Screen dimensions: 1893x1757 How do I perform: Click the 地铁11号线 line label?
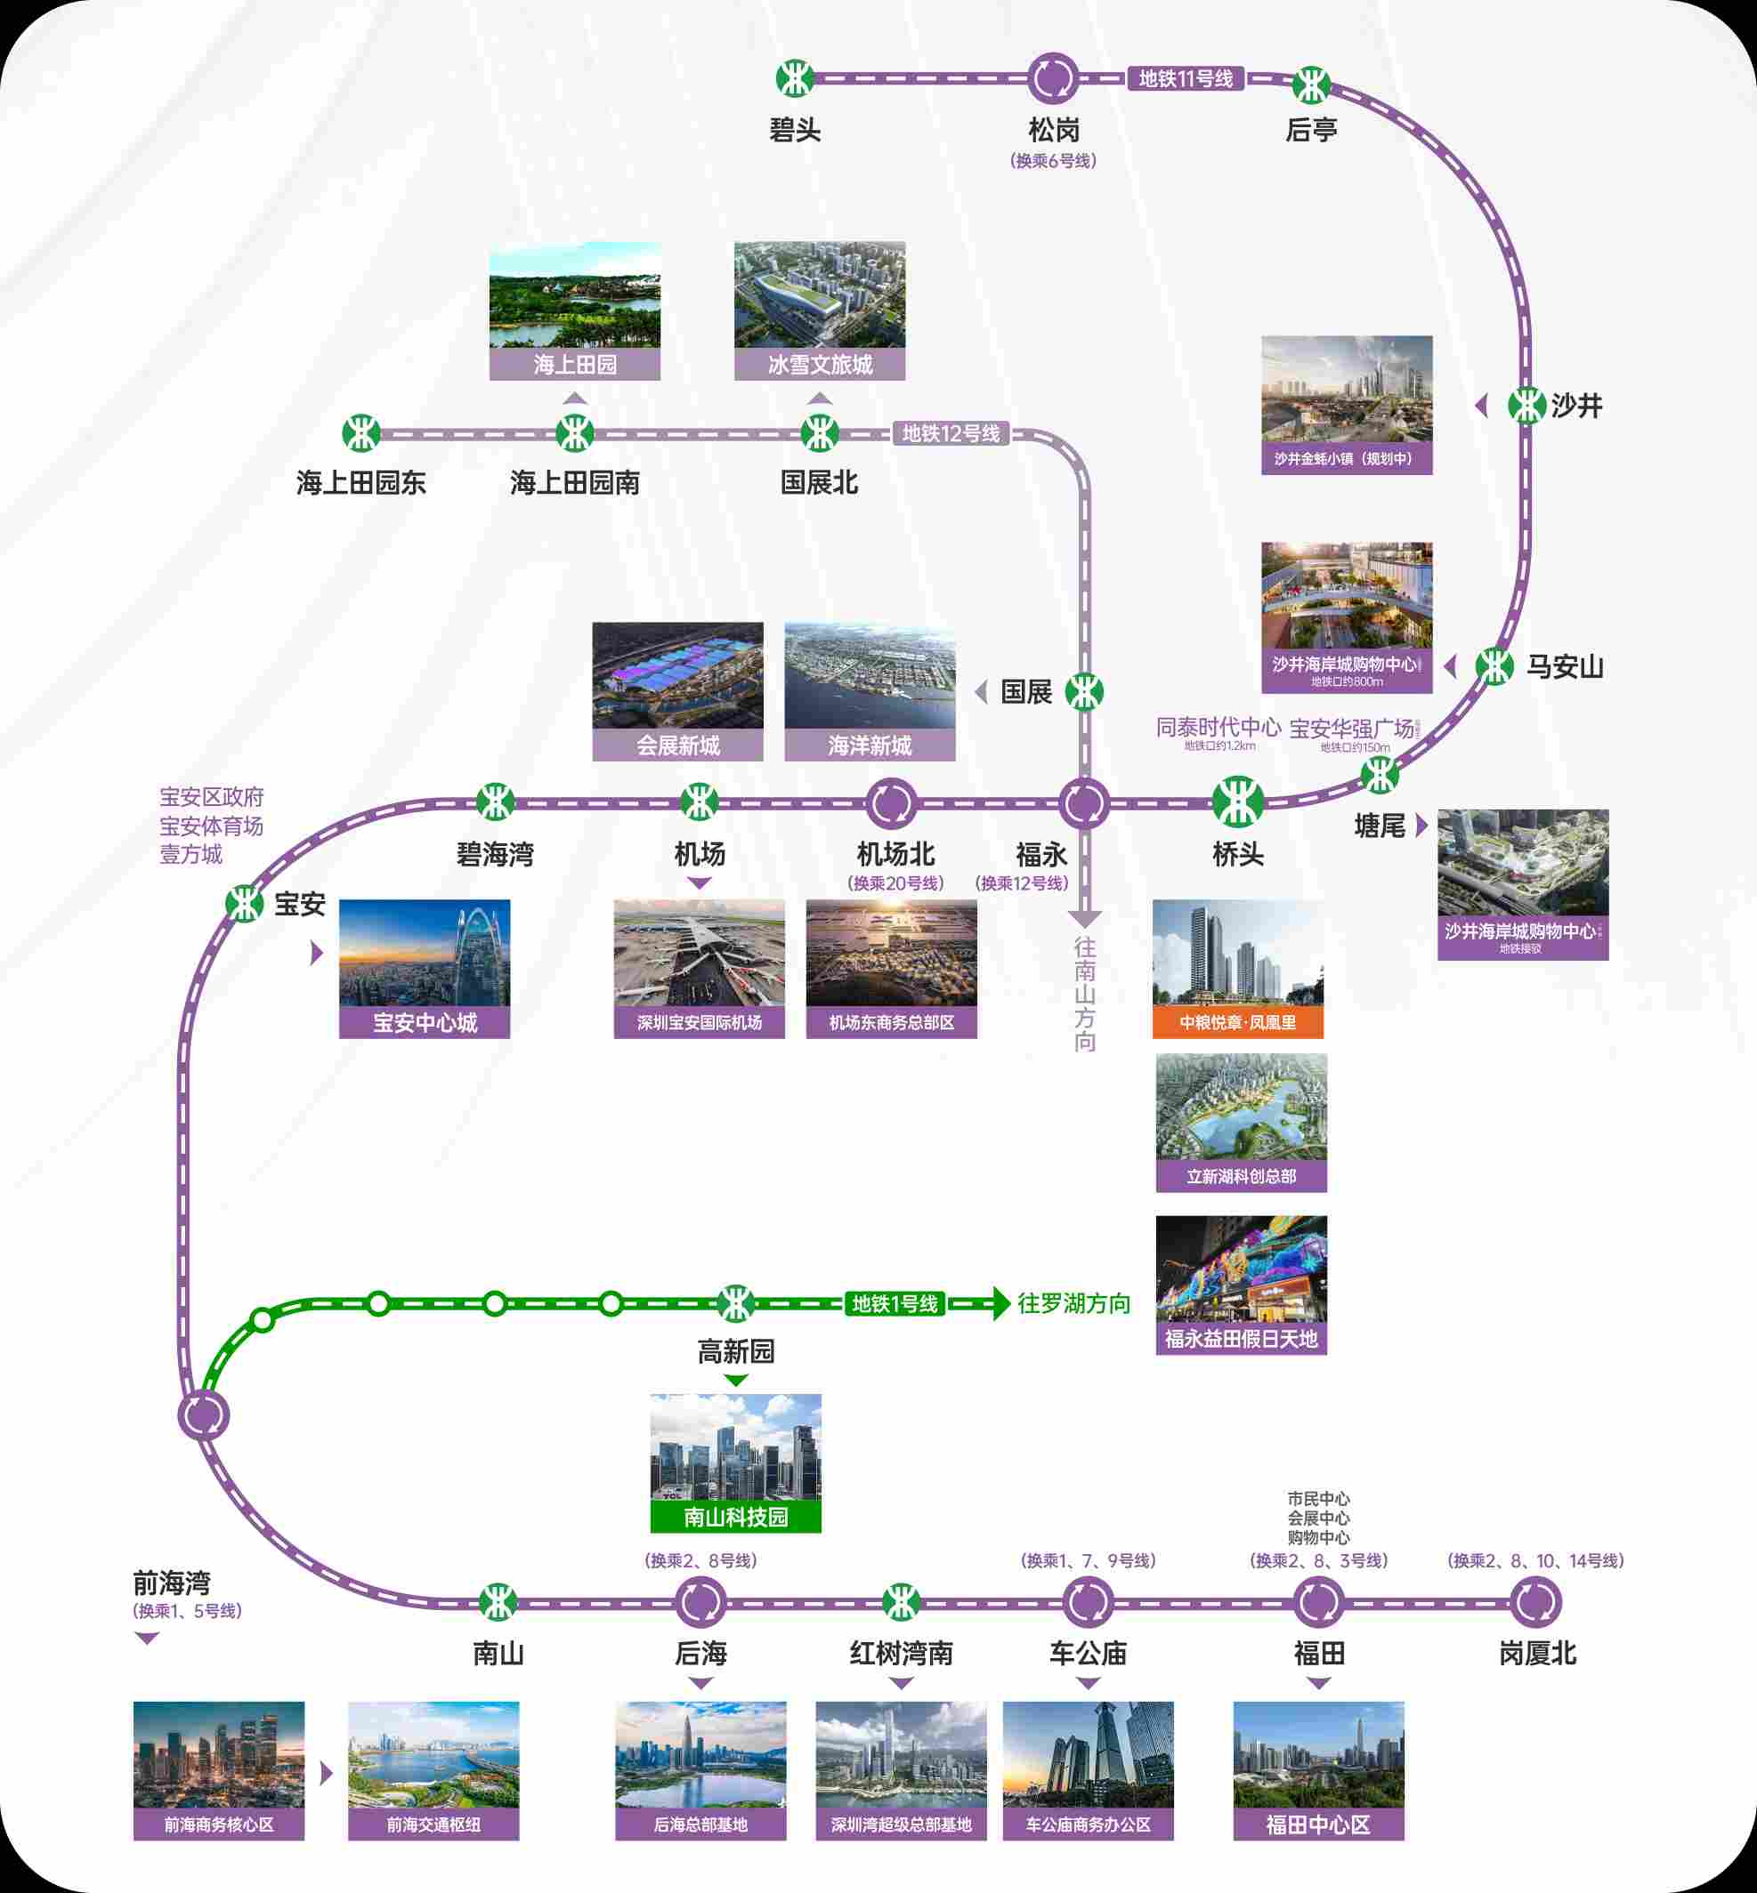(x=1186, y=79)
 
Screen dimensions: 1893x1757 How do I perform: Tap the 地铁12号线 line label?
(x=951, y=434)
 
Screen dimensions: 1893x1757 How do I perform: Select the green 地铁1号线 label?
(x=895, y=1304)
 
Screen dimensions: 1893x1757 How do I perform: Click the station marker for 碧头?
(x=794, y=79)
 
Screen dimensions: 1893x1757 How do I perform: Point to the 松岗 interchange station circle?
(x=1052, y=79)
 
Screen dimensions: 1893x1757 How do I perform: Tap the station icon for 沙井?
(x=1526, y=406)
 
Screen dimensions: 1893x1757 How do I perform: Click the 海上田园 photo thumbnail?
(x=574, y=295)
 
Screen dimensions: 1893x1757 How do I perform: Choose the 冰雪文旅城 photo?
(x=820, y=295)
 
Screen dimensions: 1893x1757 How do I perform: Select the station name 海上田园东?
(x=361, y=483)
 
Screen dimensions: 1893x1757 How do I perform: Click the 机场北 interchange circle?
(x=891, y=803)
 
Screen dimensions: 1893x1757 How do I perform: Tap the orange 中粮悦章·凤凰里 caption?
(x=1238, y=1022)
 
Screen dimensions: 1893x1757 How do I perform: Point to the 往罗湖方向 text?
(x=1074, y=1304)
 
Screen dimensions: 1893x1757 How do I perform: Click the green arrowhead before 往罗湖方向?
(x=1000, y=1304)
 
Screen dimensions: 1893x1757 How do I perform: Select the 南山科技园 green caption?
(x=736, y=1517)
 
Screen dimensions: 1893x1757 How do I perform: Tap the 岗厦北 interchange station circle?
(x=1535, y=1602)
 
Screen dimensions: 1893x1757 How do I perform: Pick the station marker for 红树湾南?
(x=901, y=1602)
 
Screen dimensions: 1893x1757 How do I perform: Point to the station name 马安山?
(x=1565, y=667)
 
